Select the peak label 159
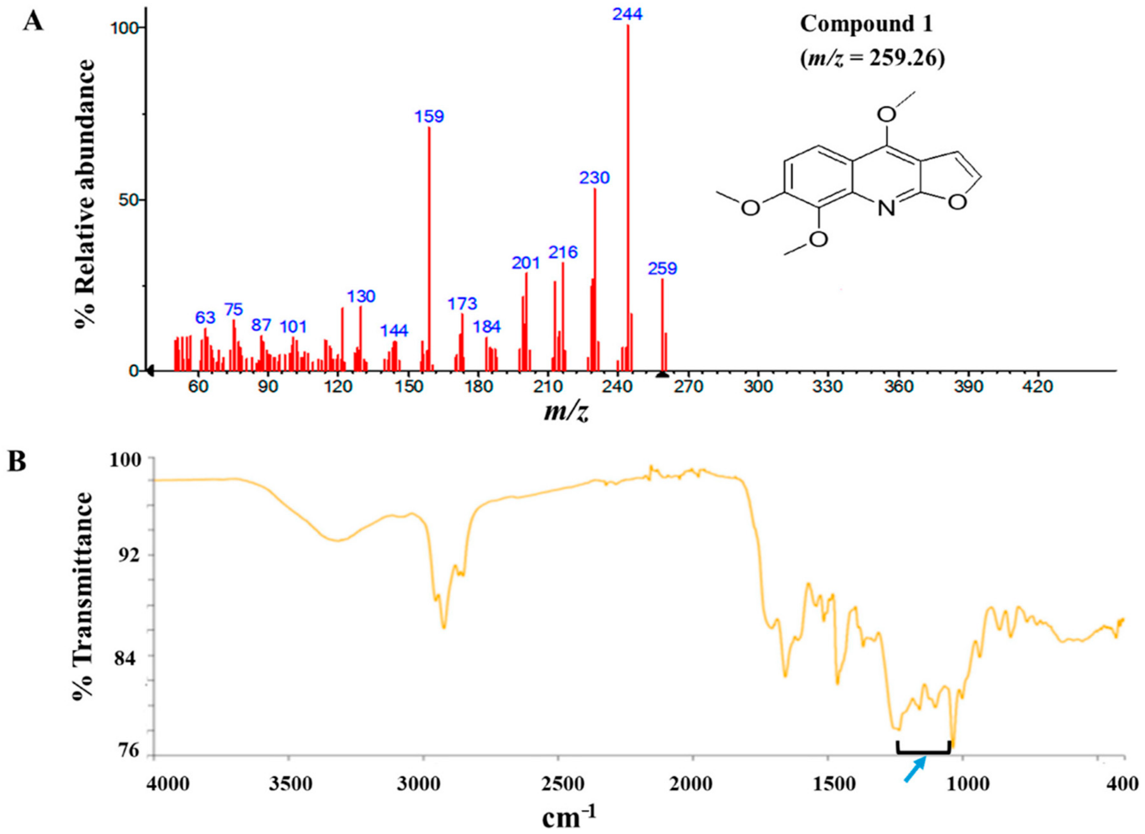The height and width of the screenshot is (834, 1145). (x=429, y=117)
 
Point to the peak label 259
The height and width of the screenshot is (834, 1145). (x=662, y=269)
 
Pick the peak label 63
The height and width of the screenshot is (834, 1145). (x=205, y=318)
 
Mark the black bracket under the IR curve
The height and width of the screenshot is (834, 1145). (x=923, y=764)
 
